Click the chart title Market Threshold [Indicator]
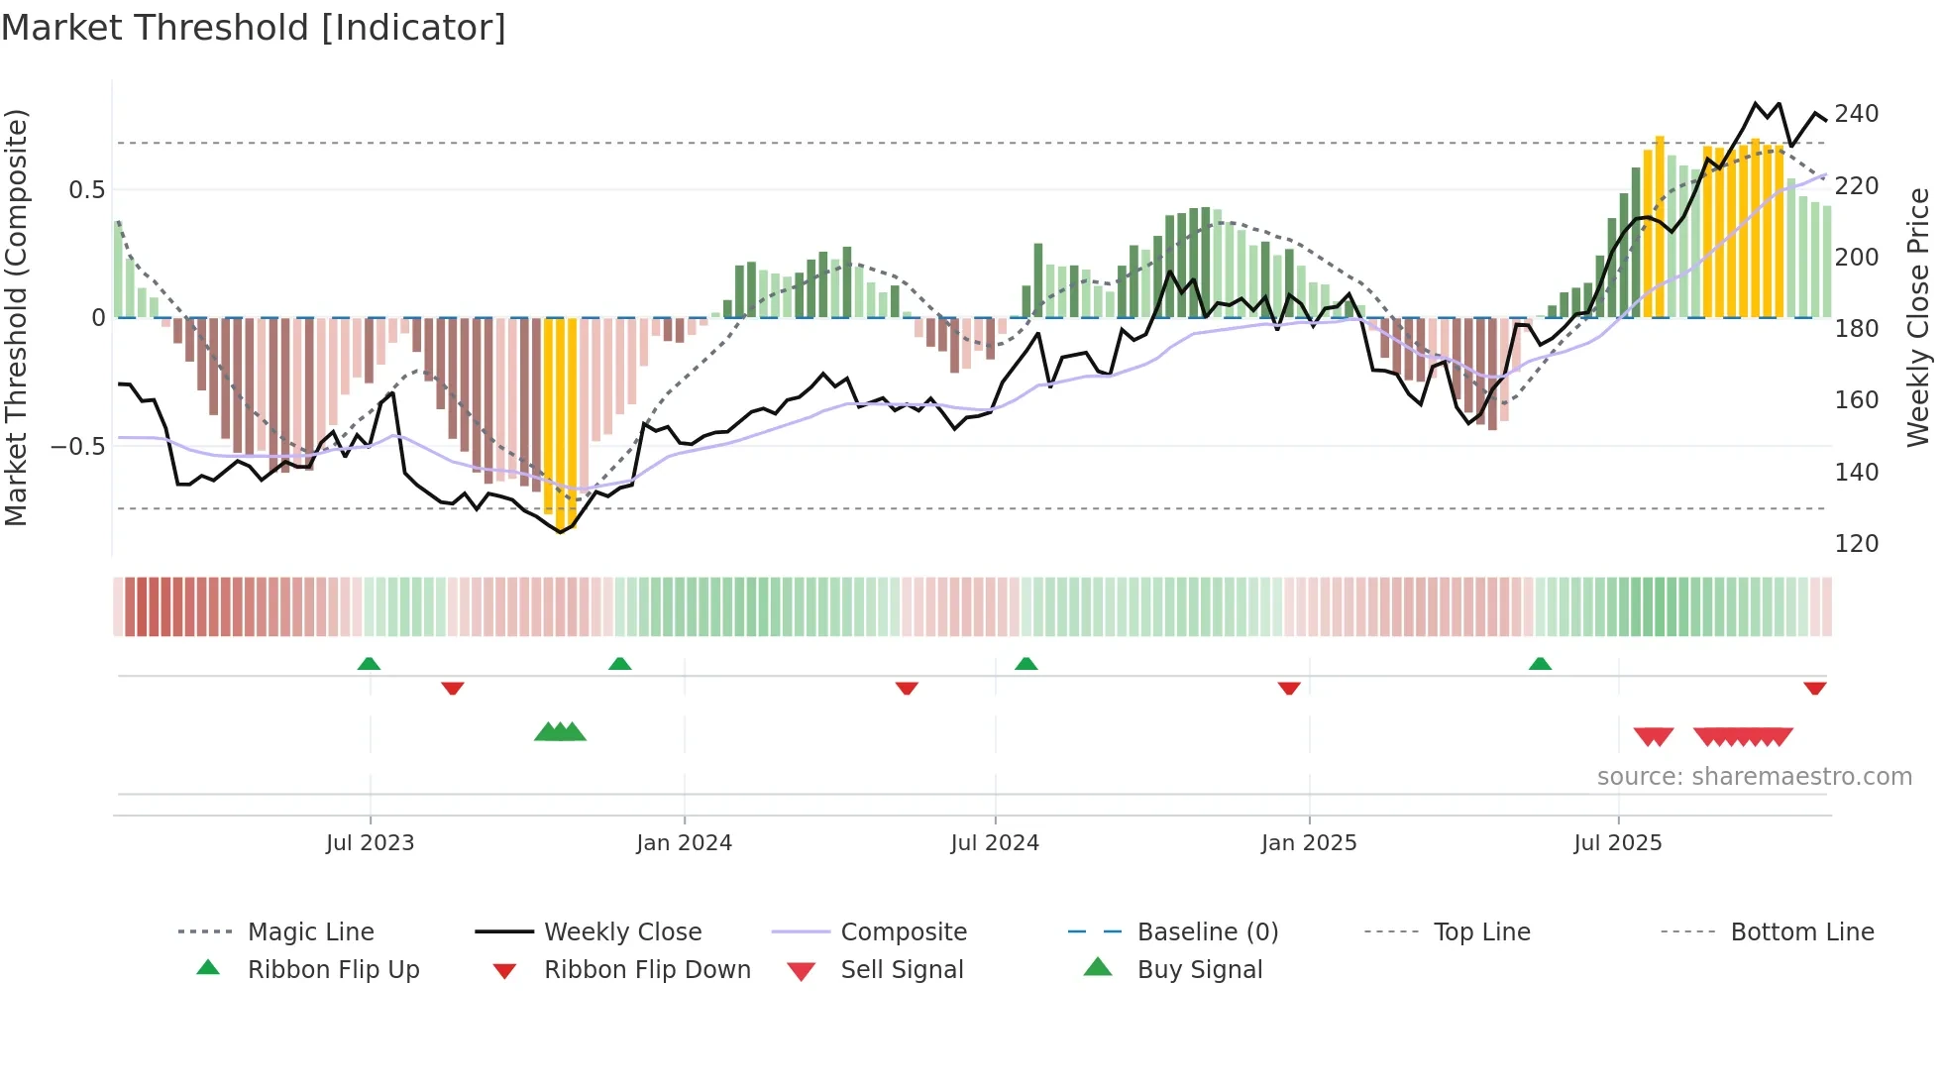(x=254, y=28)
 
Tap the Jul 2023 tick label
(x=370, y=843)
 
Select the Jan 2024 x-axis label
(x=684, y=843)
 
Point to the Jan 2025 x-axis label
(x=1308, y=843)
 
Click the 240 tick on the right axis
(x=1856, y=114)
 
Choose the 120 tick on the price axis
(x=1856, y=544)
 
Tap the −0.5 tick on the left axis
(x=78, y=447)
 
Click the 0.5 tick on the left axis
(x=86, y=190)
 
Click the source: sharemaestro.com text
(x=1754, y=777)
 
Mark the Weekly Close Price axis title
(x=1918, y=317)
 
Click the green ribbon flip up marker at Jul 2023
(x=369, y=664)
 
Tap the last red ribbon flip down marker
(x=1814, y=688)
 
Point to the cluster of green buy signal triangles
(x=561, y=732)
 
